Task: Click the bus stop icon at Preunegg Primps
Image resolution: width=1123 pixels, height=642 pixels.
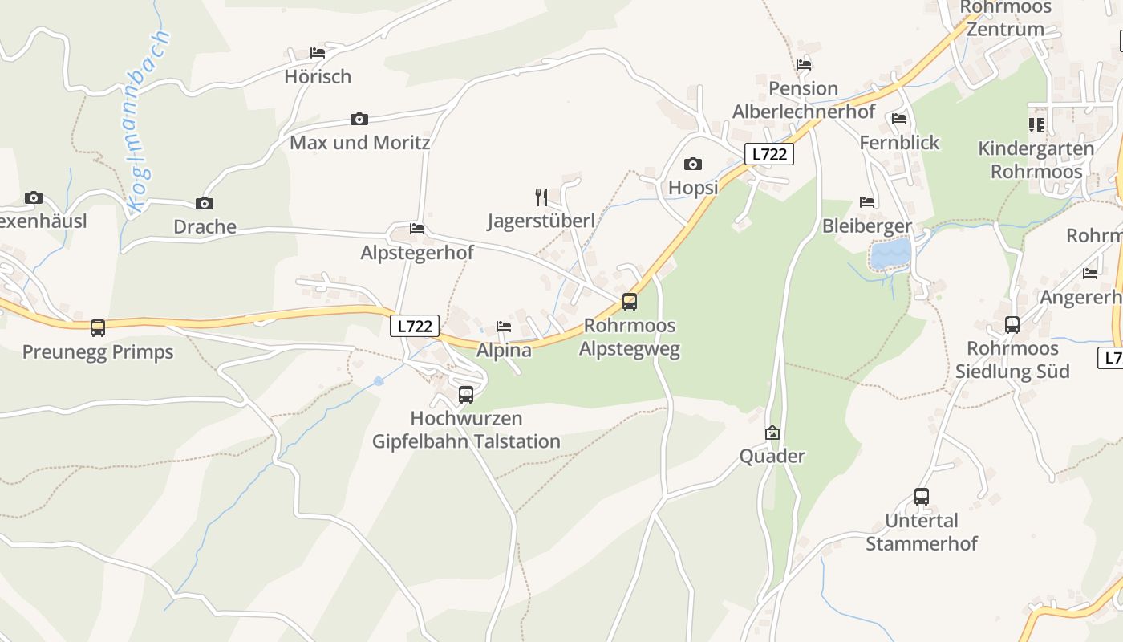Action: click(98, 327)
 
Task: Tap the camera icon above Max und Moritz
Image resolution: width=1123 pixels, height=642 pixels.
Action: click(359, 120)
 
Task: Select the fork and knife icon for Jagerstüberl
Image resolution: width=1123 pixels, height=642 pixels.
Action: click(541, 197)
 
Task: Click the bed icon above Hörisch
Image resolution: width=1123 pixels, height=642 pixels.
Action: click(318, 53)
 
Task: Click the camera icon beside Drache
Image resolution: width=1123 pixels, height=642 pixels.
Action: click(205, 203)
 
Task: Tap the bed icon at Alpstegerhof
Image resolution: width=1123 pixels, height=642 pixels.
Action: click(417, 229)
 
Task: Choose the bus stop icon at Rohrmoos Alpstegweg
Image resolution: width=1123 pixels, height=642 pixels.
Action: click(630, 302)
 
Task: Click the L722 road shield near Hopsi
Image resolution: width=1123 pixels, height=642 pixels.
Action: click(769, 154)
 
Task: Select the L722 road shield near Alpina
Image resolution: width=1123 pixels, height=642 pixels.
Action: click(415, 326)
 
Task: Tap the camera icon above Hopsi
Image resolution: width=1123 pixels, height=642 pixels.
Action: click(693, 165)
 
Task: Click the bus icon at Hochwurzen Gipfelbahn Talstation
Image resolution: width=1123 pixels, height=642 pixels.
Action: click(466, 394)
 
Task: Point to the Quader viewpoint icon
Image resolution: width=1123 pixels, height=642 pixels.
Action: click(772, 433)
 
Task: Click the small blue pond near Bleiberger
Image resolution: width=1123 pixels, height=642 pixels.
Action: click(891, 254)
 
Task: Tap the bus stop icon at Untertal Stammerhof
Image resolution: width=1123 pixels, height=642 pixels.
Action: click(922, 497)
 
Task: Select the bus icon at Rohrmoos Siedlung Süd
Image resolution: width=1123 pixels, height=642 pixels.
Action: click(1012, 325)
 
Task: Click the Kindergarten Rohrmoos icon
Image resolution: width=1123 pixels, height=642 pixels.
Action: click(1036, 124)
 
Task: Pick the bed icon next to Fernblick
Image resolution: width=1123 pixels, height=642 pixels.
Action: click(899, 119)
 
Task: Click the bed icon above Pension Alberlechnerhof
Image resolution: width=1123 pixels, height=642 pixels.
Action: click(804, 65)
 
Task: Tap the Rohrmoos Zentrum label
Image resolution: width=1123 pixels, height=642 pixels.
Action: click(1005, 18)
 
